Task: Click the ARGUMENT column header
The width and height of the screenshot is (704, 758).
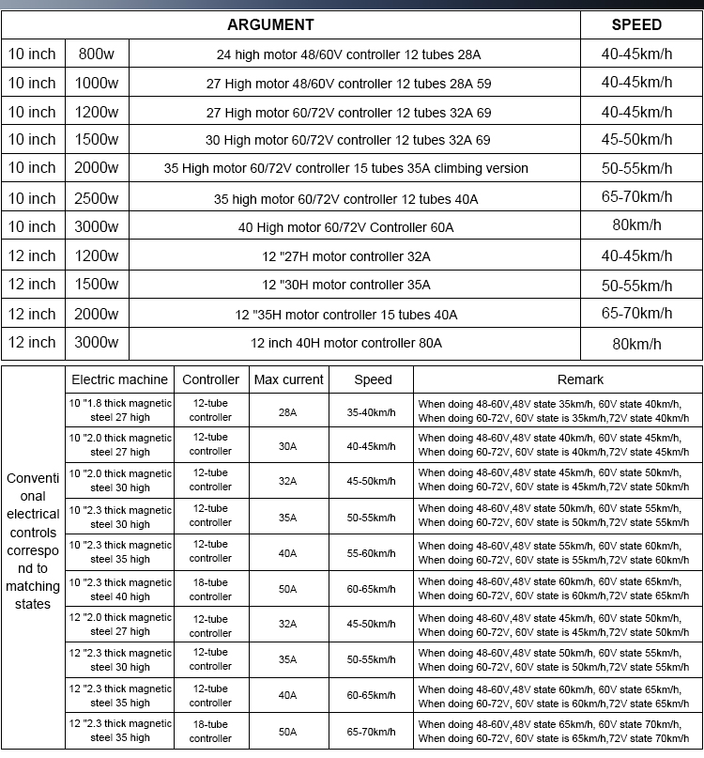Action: [x=270, y=24]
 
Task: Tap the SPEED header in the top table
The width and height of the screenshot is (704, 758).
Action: [x=636, y=24]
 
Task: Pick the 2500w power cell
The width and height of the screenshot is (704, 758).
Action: [x=97, y=198]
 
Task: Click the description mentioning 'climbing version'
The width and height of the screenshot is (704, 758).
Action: [x=346, y=169]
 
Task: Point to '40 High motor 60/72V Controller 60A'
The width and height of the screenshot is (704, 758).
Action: [x=346, y=227]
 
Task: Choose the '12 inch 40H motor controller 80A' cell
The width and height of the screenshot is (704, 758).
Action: [x=346, y=343]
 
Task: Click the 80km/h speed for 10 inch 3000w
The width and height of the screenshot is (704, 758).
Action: [x=636, y=227]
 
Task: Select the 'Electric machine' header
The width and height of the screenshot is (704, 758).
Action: [x=120, y=379]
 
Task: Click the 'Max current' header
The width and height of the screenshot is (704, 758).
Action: [x=288, y=379]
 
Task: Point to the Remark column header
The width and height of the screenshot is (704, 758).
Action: [x=556, y=379]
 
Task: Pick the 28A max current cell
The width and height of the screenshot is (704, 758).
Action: [x=287, y=411]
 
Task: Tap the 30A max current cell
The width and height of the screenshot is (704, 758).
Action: [x=287, y=446]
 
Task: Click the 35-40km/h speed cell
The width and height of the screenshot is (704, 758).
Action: [x=372, y=411]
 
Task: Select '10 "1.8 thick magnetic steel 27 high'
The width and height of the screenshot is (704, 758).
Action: [x=120, y=410]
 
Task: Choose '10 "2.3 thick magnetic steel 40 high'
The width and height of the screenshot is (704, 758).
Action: [x=120, y=589]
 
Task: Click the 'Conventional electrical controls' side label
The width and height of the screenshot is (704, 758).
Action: [x=33, y=541]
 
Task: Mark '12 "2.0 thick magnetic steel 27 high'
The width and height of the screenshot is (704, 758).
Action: [x=120, y=625]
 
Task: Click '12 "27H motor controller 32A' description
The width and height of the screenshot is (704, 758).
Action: [x=346, y=256]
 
